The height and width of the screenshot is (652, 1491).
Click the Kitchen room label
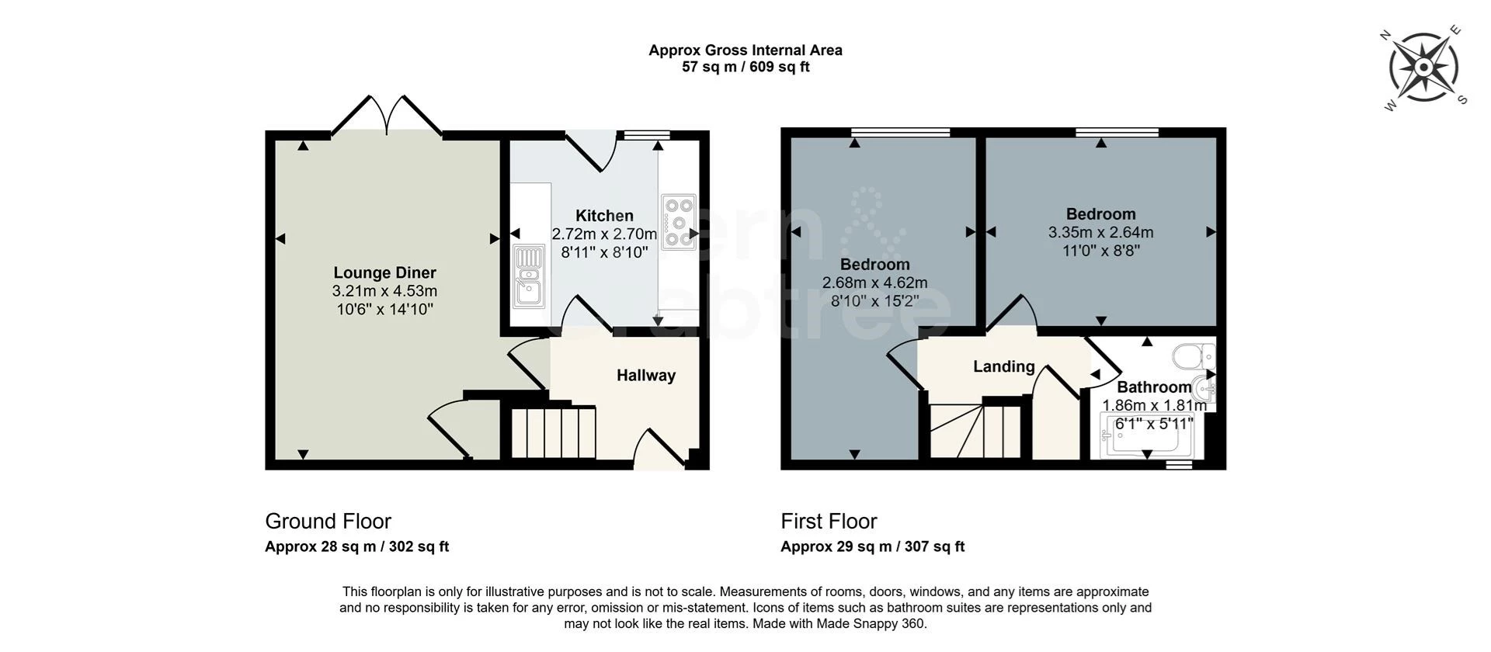pos(604,216)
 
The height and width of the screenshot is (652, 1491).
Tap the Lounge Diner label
pos(384,272)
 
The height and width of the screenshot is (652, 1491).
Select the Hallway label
pos(645,376)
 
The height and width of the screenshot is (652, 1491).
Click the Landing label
pos(1003,366)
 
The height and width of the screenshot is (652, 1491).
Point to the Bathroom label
pos(1153,387)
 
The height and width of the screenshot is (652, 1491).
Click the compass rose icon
pos(1423,68)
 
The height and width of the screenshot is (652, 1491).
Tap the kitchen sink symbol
pos(530,276)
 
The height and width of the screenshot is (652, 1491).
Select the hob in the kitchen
pos(679,222)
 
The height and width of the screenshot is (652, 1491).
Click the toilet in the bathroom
pos(1193,357)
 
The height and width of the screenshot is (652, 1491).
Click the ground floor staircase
pos(553,432)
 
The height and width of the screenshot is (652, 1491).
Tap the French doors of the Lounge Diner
pos(387,116)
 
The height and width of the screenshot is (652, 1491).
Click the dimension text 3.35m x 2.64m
pos(1100,233)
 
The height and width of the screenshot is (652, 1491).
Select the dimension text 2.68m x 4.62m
pos(874,283)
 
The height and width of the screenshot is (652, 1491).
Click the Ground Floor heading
pos(328,521)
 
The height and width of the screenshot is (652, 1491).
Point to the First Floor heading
pos(829,521)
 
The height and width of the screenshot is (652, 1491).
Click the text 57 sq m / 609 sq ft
pos(745,68)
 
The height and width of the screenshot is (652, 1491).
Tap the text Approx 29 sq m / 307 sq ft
pos(872,546)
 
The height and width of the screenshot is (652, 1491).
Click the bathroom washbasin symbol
pos(1204,386)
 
